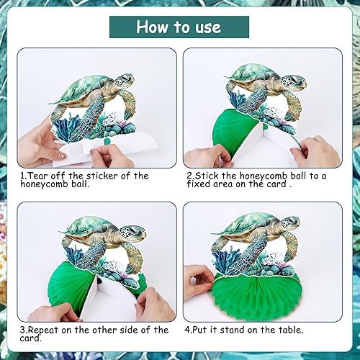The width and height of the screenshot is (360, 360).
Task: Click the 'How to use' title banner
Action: click(x=179, y=27)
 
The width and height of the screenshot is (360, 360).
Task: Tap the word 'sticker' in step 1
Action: click(x=102, y=176)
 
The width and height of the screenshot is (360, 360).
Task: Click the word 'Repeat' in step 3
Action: click(x=43, y=330)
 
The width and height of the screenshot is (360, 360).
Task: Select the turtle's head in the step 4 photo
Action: click(x=289, y=222)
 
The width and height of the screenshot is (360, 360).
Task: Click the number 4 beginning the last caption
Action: click(x=187, y=330)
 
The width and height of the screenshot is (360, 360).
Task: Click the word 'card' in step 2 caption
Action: click(x=276, y=184)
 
